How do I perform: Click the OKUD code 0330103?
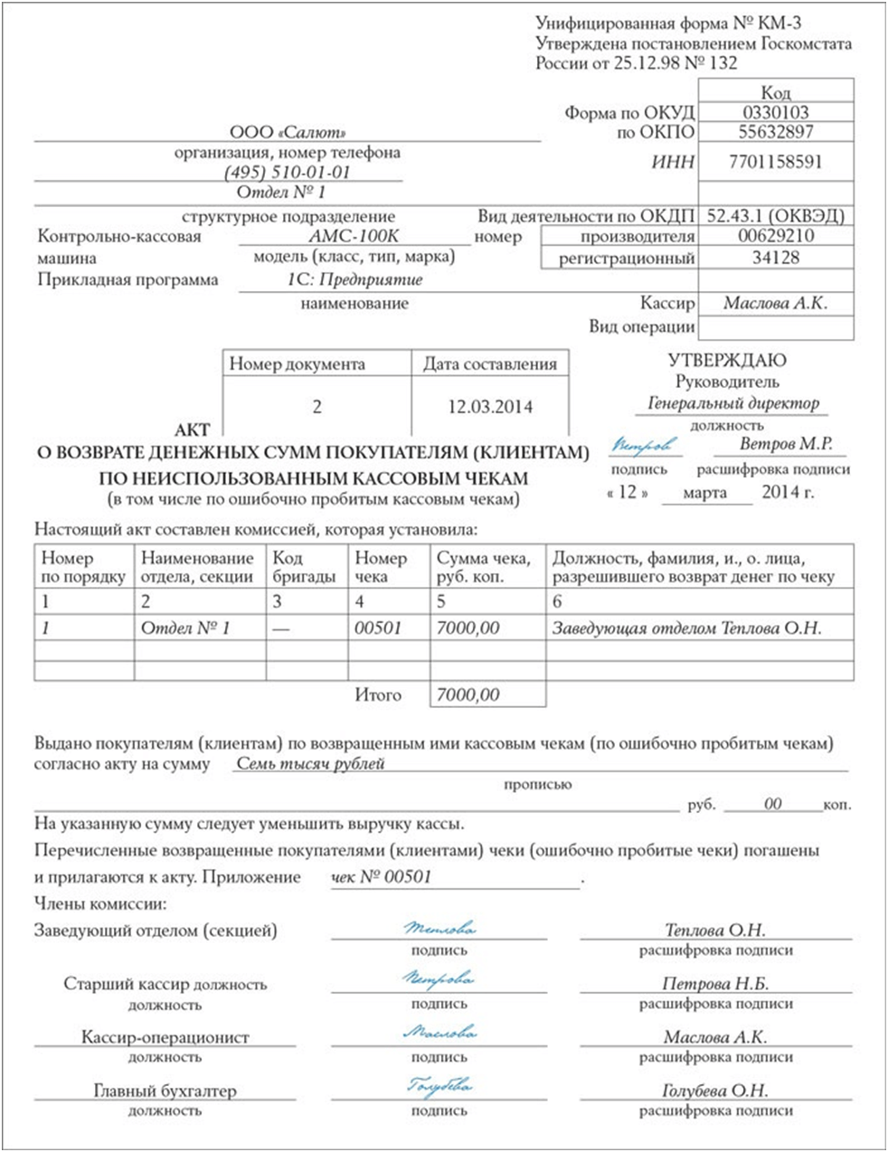pyautogui.click(x=776, y=113)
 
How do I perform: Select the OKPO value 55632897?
pyautogui.click(x=776, y=132)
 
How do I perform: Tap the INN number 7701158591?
pyautogui.click(x=776, y=162)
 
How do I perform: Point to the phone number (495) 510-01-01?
pyautogui.click(x=288, y=172)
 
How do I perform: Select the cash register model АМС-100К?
pyautogui.click(x=354, y=236)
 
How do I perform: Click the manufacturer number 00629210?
pyautogui.click(x=776, y=236)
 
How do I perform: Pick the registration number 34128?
pyautogui.click(x=776, y=258)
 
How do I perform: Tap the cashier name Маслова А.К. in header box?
pyautogui.click(x=776, y=304)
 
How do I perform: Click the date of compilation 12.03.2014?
pyautogui.click(x=490, y=407)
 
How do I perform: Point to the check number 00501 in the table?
pyautogui.click(x=378, y=628)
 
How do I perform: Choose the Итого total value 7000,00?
pyautogui.click(x=468, y=694)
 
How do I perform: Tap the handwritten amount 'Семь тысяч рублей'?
pyautogui.click(x=310, y=763)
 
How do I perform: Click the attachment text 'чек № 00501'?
pyautogui.click(x=382, y=876)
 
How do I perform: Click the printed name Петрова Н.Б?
pyautogui.click(x=715, y=984)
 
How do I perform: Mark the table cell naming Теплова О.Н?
pyautogui.click(x=686, y=628)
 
